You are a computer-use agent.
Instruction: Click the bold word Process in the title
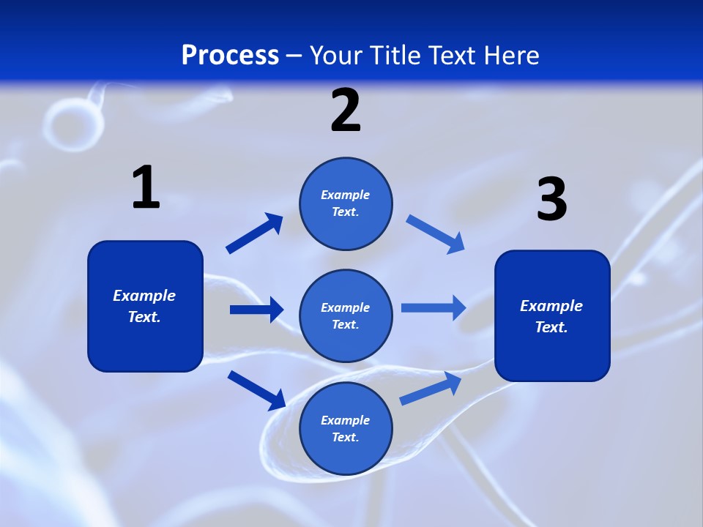click(230, 56)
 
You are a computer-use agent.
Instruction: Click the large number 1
click(146, 188)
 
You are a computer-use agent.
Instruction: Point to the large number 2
click(346, 111)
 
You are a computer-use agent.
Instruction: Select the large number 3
click(551, 200)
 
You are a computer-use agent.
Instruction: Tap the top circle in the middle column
click(346, 203)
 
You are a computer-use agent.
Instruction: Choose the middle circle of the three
click(346, 315)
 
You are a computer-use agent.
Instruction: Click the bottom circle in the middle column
click(346, 428)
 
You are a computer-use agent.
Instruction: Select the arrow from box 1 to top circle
click(254, 233)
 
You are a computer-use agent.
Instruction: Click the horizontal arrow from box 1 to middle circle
click(256, 310)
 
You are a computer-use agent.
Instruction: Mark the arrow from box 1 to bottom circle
click(256, 390)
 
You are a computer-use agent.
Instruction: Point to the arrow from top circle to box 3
click(436, 234)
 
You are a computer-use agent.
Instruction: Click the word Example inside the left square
click(144, 296)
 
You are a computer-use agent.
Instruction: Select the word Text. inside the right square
click(551, 327)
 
